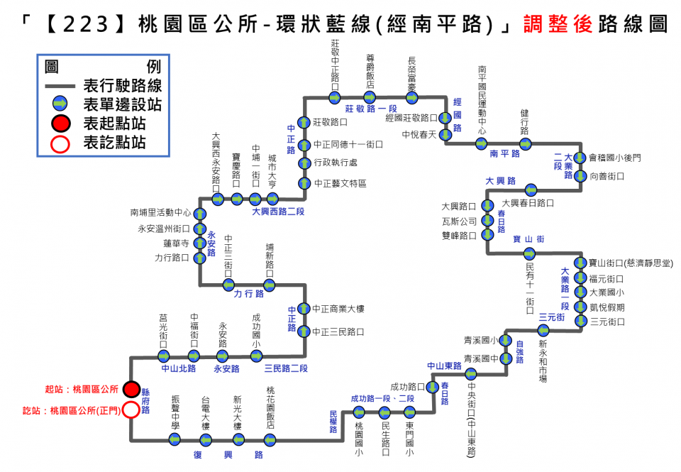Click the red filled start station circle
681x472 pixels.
tap(131, 389)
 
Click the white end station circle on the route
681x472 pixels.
tap(131, 410)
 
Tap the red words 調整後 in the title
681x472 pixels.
tap(551, 24)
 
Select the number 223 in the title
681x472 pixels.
tap(86, 24)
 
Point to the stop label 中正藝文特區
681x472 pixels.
tap(340, 183)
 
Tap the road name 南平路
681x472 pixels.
tap(504, 153)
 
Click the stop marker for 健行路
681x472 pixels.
tap(525, 143)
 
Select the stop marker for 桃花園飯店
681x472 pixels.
tap(270, 440)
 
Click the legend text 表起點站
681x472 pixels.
tap(114, 124)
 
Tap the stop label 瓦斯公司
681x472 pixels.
tap(459, 221)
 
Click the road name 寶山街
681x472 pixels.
tap(529, 239)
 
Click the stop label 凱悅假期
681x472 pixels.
tap(608, 307)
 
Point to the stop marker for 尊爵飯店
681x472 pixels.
tap(370, 97)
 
